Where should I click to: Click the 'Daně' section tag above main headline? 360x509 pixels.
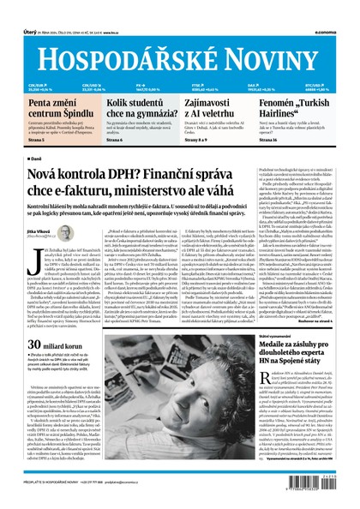click(36, 159)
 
